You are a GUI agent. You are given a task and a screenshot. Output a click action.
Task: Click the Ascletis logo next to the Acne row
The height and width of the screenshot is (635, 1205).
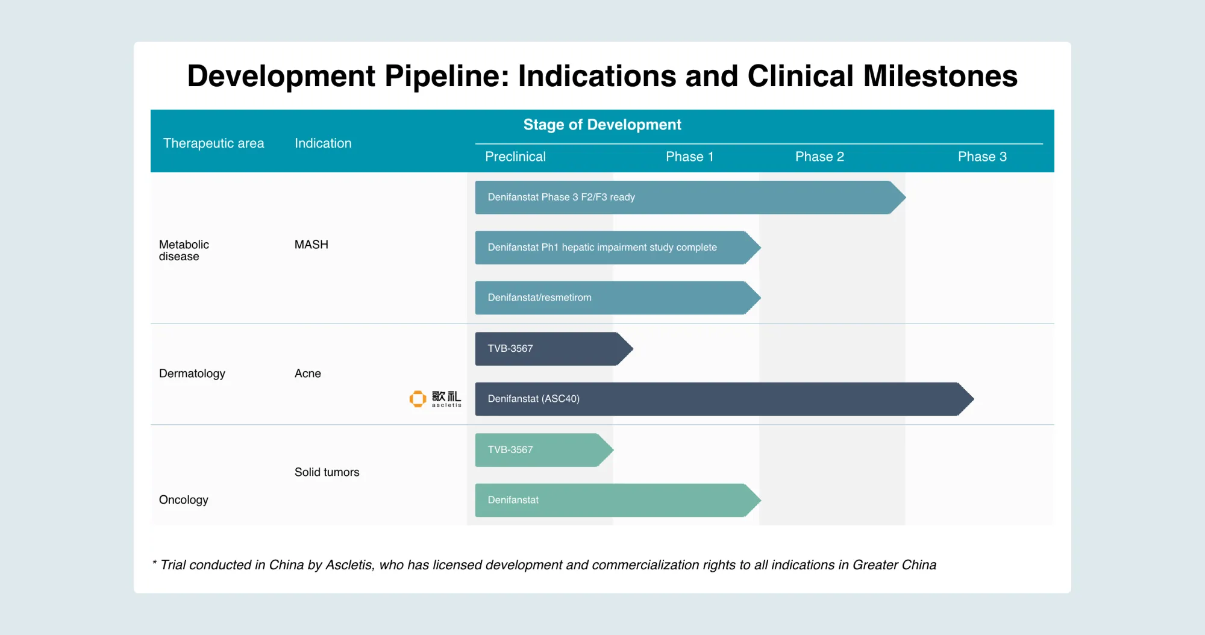pyautogui.click(x=435, y=399)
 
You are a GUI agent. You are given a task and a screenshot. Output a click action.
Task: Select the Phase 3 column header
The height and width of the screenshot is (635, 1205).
pyautogui.click(x=982, y=157)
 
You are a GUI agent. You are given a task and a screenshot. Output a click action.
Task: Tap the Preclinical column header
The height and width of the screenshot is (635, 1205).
pyautogui.click(x=515, y=157)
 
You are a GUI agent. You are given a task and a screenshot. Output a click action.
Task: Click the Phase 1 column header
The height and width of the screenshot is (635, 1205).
pyautogui.click(x=689, y=157)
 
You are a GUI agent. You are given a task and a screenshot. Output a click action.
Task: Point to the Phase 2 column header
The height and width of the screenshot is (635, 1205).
pyautogui.click(x=819, y=157)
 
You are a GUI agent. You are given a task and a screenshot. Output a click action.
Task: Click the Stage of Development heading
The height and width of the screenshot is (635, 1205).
pyautogui.click(x=602, y=125)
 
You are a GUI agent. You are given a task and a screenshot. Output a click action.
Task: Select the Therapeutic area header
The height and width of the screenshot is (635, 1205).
pyautogui.click(x=213, y=143)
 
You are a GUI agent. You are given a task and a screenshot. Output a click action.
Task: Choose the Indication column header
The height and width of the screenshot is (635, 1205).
pyautogui.click(x=323, y=143)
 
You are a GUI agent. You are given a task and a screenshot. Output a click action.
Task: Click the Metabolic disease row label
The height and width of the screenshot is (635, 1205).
pyautogui.click(x=184, y=250)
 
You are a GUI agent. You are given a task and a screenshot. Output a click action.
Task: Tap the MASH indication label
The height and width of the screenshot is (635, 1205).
pyautogui.click(x=311, y=245)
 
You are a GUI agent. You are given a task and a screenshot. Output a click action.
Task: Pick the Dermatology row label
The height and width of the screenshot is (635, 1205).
pyautogui.click(x=192, y=374)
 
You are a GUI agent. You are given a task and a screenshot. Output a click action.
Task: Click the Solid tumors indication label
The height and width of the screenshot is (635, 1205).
pyautogui.click(x=327, y=472)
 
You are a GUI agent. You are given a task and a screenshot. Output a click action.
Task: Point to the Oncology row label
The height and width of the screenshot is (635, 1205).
pyautogui.click(x=183, y=500)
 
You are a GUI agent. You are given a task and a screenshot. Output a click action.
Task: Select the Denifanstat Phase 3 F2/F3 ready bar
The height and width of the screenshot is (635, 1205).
pyautogui.click(x=681, y=198)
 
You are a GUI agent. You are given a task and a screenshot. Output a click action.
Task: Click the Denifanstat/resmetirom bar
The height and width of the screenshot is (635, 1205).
pyautogui.click(x=609, y=298)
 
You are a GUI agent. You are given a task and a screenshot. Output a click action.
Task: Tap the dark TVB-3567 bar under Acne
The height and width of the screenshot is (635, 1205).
pyautogui.click(x=545, y=349)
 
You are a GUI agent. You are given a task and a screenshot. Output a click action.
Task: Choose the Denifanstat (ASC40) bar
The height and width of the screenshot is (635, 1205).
pyautogui.click(x=717, y=399)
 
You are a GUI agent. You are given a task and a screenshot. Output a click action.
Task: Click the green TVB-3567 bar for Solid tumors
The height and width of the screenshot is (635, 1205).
pyautogui.click(x=536, y=450)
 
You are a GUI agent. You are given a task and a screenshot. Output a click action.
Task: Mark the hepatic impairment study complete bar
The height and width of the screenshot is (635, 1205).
pyautogui.click(x=609, y=248)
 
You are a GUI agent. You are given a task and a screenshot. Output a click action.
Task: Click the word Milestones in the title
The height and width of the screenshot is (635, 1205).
pyautogui.click(x=940, y=77)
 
